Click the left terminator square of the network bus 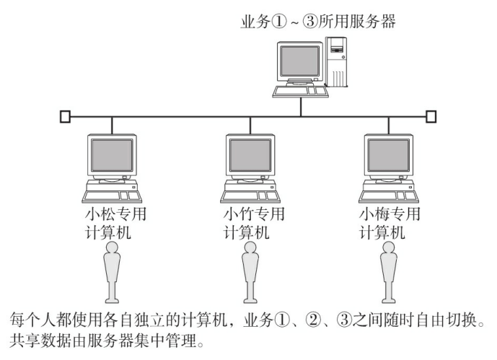point(65,115)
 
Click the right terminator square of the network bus point(431,115)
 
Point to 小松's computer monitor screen point(111,155)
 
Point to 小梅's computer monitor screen point(386,155)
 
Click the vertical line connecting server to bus point(299,107)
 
